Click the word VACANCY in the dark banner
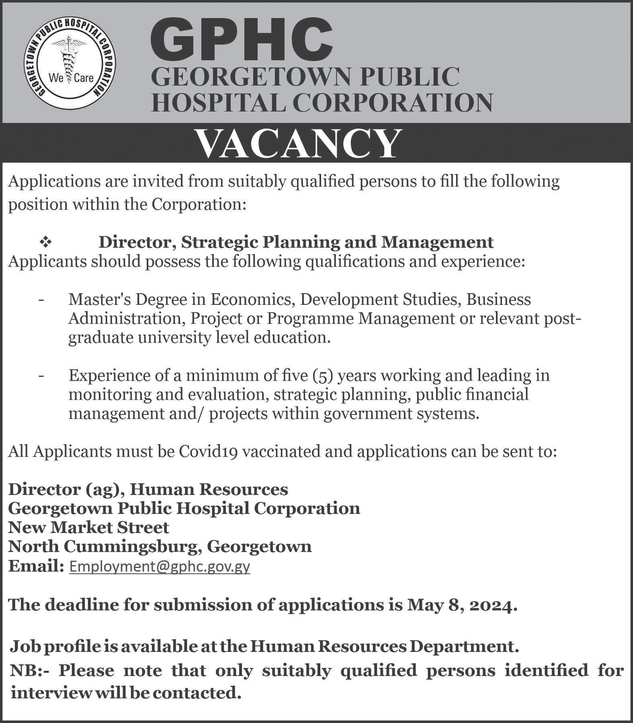[x=299, y=143]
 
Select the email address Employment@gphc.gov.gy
[x=160, y=566]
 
